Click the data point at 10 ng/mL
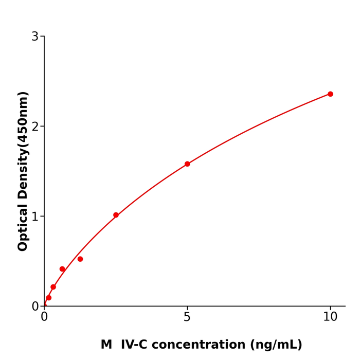(x=330, y=94)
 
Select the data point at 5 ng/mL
(x=187, y=164)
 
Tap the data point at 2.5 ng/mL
(x=116, y=215)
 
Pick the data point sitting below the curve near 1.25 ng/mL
(x=80, y=259)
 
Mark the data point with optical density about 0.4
(x=62, y=269)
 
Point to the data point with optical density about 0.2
(x=53, y=287)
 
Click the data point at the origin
(x=44, y=305)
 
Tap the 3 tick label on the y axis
(x=35, y=37)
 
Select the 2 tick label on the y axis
(x=35, y=127)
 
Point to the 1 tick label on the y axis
(x=35, y=217)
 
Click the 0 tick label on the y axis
(x=35, y=307)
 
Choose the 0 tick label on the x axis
(x=44, y=317)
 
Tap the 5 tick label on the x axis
(x=187, y=317)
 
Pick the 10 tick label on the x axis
(x=330, y=317)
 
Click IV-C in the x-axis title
(x=135, y=345)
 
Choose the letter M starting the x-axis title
(x=106, y=345)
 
